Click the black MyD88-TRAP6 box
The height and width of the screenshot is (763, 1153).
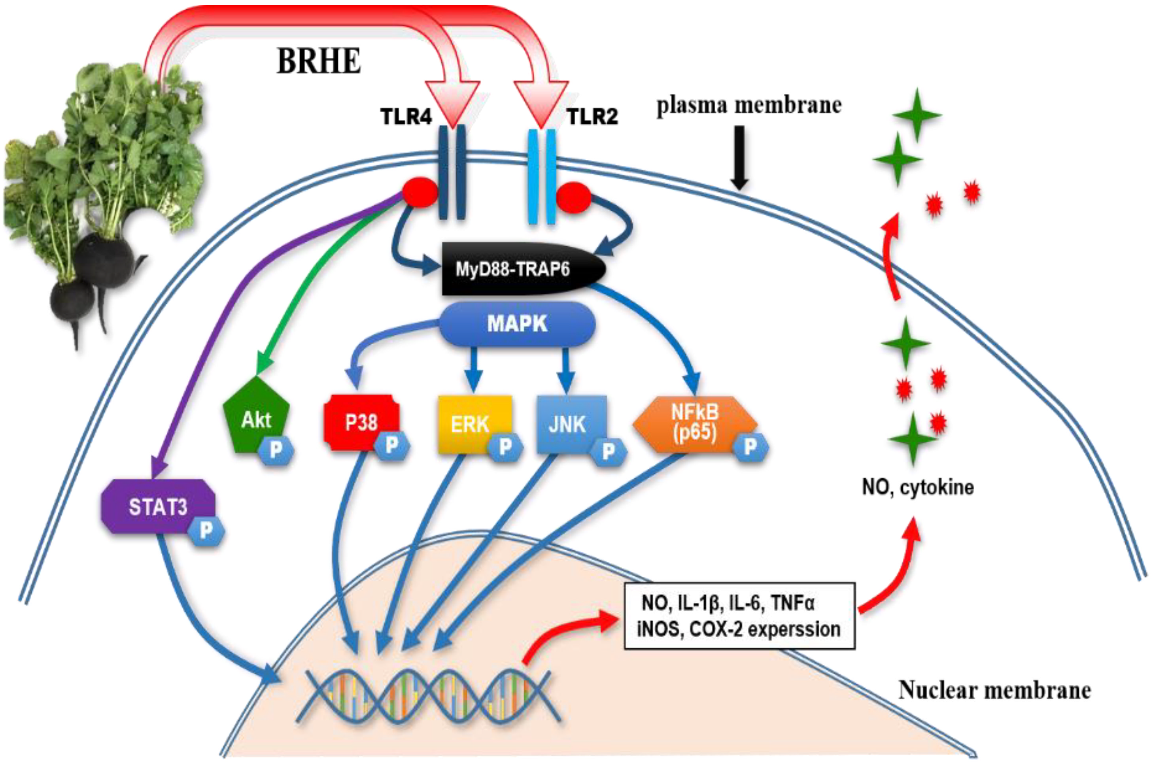pos(523,268)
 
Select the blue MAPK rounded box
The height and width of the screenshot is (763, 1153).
pos(517,324)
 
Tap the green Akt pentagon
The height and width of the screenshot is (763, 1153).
pos(255,415)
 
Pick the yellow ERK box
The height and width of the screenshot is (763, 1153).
pos(474,424)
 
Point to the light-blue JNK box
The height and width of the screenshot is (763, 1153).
pos(571,424)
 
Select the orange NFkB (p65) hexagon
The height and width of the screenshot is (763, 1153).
pos(694,424)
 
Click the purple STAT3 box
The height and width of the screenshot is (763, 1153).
pos(158,506)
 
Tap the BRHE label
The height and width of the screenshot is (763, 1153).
pos(319,61)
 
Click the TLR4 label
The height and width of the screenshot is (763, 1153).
pos(406,117)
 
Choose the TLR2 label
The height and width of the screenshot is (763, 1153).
pos(592,117)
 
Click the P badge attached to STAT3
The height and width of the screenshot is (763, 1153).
pos(206,531)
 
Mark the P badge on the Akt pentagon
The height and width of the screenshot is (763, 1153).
pos(276,451)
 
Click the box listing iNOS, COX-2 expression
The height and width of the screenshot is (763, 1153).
pos(739,616)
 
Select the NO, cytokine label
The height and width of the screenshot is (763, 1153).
pos(918,487)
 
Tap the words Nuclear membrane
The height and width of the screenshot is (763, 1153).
pos(994,690)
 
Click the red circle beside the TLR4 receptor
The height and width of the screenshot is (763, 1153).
pos(420,192)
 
